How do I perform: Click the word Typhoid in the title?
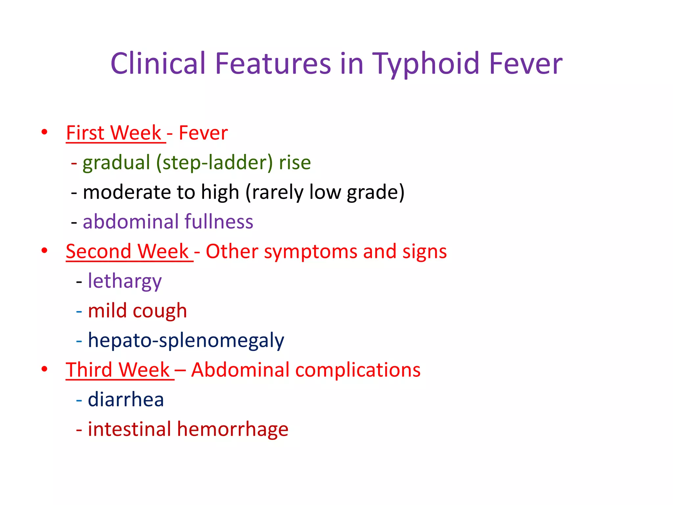[x=426, y=64]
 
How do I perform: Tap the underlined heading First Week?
[x=114, y=133]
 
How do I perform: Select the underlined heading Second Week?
[x=127, y=252]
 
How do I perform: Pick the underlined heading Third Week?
[x=118, y=370]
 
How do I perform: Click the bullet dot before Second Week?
[x=44, y=251]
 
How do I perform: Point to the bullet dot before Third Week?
[x=44, y=369]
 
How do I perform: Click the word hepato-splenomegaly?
[x=186, y=341]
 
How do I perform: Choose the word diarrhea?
[x=126, y=400]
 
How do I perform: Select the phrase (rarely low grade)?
[x=325, y=192]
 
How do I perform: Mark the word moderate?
[x=127, y=192]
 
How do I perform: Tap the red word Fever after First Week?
[x=203, y=133]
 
